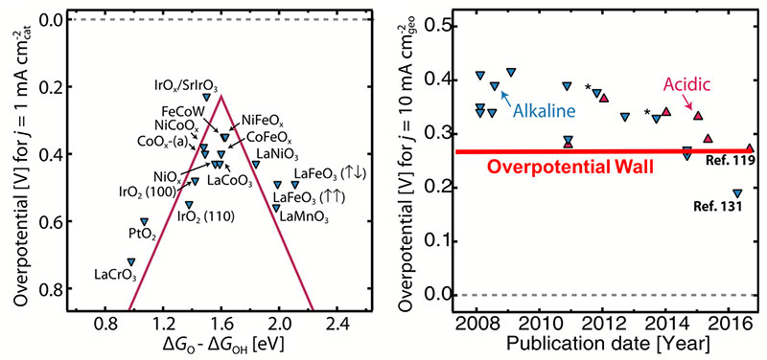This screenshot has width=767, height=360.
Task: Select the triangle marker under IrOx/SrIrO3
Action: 206,97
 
